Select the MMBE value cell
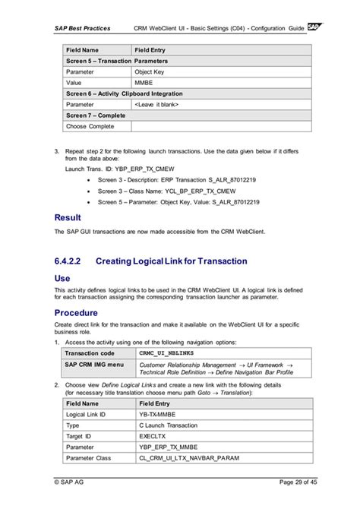(x=144, y=82)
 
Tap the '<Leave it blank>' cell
(x=156, y=104)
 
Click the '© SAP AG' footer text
(x=72, y=482)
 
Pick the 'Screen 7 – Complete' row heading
(x=98, y=115)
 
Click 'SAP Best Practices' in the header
(x=82, y=28)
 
